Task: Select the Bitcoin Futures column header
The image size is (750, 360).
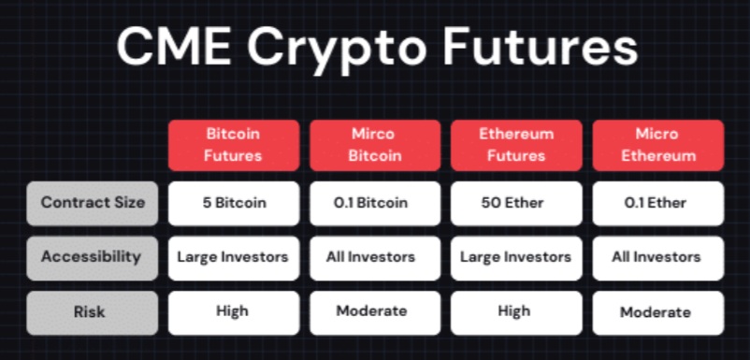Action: [234, 145]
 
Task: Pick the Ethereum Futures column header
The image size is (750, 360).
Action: [516, 145]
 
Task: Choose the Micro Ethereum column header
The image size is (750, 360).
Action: [657, 145]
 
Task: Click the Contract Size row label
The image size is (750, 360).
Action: [92, 203]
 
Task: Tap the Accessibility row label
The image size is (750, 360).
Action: [92, 257]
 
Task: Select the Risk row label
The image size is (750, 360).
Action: [92, 312]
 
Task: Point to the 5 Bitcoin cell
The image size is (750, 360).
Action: [234, 203]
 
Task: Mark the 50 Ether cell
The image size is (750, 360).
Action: [516, 203]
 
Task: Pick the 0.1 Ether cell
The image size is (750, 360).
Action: [657, 203]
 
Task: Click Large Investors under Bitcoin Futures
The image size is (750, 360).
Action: [234, 257]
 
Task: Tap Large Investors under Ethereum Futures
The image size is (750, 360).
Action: [516, 257]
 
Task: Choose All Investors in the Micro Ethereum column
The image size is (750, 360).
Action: [657, 257]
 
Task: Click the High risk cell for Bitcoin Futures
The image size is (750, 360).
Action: [234, 312]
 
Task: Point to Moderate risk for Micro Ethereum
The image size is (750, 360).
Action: [657, 312]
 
